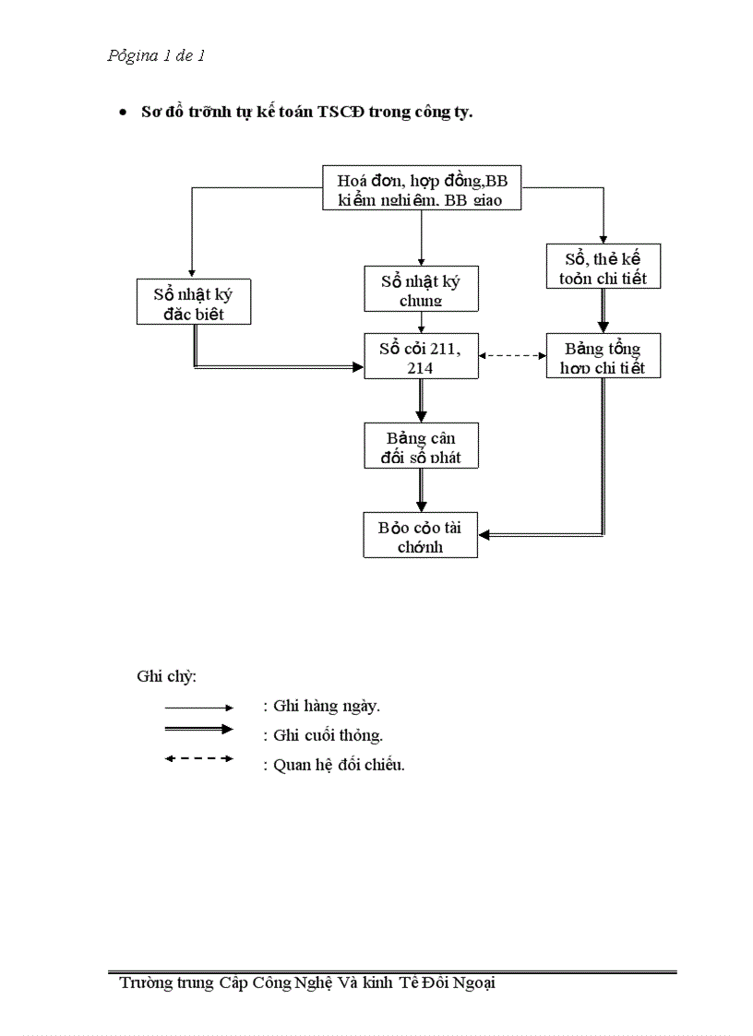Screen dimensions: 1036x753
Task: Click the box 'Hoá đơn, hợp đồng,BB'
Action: click(x=422, y=189)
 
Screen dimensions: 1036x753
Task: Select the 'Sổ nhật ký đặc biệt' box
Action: click(x=193, y=303)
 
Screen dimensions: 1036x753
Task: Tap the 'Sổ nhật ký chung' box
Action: click(x=421, y=289)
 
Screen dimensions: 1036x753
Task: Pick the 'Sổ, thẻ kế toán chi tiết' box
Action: click(x=604, y=267)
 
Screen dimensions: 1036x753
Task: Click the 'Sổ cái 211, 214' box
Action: click(x=421, y=356)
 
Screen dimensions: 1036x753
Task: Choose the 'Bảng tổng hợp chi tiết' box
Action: click(x=604, y=357)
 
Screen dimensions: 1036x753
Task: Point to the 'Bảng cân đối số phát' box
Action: click(x=421, y=446)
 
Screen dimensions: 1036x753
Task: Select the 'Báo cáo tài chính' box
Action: click(x=421, y=536)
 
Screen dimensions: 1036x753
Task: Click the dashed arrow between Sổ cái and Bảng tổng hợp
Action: click(x=512, y=355)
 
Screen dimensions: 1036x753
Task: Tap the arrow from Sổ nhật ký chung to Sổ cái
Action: click(x=422, y=322)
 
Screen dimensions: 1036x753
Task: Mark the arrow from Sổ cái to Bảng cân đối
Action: click(x=422, y=400)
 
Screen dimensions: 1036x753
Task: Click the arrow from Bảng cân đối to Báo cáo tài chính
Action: click(x=422, y=490)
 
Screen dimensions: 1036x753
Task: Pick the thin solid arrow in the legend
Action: click(x=198, y=708)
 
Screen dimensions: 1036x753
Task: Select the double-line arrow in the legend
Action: click(x=198, y=729)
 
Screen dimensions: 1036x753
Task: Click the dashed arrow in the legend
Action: click(x=198, y=759)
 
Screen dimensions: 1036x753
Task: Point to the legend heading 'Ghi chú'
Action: click(x=166, y=676)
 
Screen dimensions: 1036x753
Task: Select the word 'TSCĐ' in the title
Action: click(x=341, y=113)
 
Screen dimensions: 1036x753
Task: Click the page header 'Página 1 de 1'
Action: click(x=156, y=56)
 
